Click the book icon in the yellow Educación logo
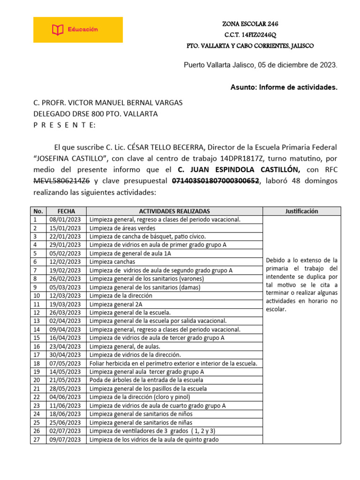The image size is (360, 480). (x=57, y=30)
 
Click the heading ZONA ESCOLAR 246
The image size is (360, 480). (x=253, y=24)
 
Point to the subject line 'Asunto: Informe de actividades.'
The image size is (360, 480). (x=284, y=87)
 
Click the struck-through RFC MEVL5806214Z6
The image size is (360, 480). (x=62, y=181)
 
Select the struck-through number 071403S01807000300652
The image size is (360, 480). (x=216, y=181)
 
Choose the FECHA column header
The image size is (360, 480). (x=66, y=211)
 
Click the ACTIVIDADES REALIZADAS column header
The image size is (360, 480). (x=174, y=211)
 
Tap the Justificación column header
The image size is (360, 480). (x=301, y=211)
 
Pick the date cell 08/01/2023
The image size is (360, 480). (x=66, y=219)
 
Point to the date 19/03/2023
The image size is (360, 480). (x=66, y=304)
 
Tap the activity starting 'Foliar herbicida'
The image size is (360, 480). (x=173, y=363)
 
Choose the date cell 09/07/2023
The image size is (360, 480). (x=66, y=439)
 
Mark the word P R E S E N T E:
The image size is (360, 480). (x=64, y=125)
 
